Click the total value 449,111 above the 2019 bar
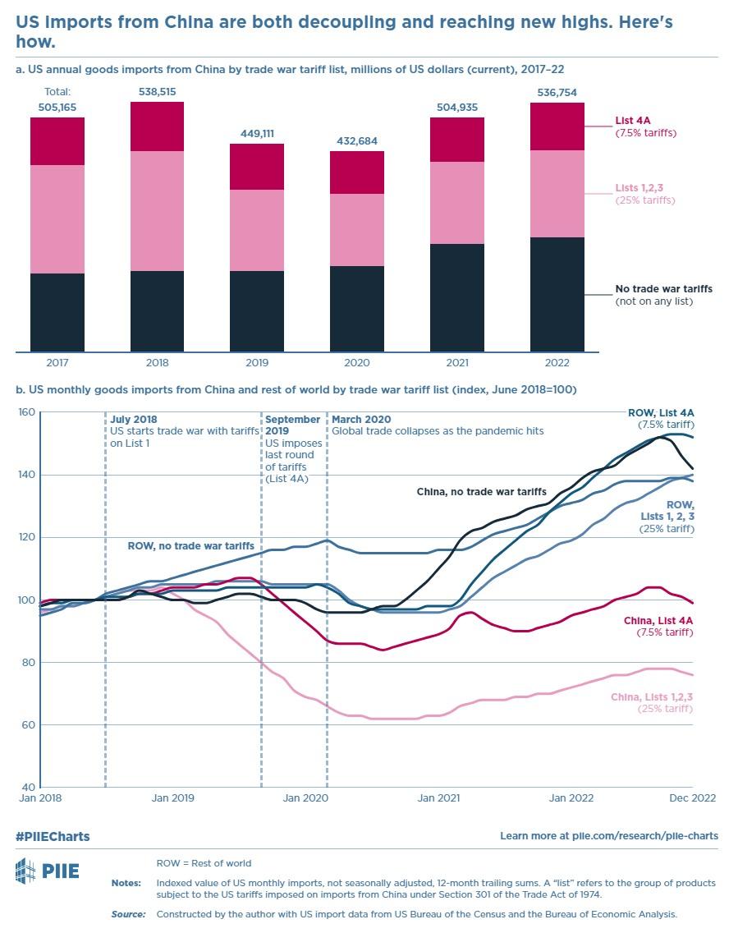(x=257, y=133)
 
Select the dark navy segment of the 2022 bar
(x=557, y=294)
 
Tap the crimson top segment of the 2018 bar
(x=157, y=126)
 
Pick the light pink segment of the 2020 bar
(x=357, y=230)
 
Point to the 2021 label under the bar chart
(x=456, y=362)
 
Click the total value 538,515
(x=157, y=91)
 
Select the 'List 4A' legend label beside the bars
(x=632, y=122)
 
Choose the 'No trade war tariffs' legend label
(x=663, y=289)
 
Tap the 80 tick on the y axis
(x=29, y=662)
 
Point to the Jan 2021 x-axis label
(x=438, y=797)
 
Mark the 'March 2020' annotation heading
(x=361, y=420)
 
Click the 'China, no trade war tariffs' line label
(x=481, y=491)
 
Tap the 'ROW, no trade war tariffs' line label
(x=190, y=545)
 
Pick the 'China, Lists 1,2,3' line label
(x=652, y=696)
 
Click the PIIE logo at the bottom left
(x=48, y=870)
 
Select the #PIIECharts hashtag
(x=53, y=836)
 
